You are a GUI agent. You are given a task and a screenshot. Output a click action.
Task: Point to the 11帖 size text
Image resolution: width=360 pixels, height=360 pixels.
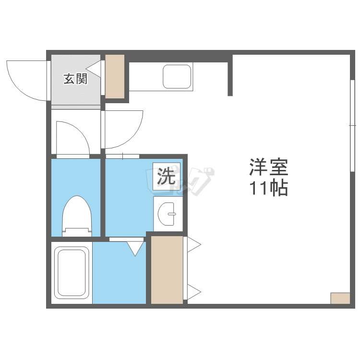pos(268,189)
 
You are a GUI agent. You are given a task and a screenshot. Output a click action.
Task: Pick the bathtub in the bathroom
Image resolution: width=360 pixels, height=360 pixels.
pos(72,273)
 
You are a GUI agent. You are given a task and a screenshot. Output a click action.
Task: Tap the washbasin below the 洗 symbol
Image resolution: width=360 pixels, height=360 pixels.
pos(167,213)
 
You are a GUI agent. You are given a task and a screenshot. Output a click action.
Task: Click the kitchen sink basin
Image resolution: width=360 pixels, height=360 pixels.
pos(177,76)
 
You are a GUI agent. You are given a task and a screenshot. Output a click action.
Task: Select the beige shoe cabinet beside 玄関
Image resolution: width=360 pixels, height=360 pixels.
pos(115,76)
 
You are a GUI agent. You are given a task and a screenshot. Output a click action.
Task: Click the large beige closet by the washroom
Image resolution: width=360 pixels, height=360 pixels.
pos(167,269)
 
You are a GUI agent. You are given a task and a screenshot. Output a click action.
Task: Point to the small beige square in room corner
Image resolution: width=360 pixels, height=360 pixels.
pos(340,298)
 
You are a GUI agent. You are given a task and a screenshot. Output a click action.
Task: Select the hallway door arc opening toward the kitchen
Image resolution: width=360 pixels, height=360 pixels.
pos(123,129)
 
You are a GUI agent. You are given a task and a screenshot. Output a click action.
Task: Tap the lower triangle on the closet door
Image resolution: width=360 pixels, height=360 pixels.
pos(194,291)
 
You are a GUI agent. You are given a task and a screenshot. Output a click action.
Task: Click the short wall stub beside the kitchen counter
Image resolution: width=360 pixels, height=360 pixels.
pos(230,76)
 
